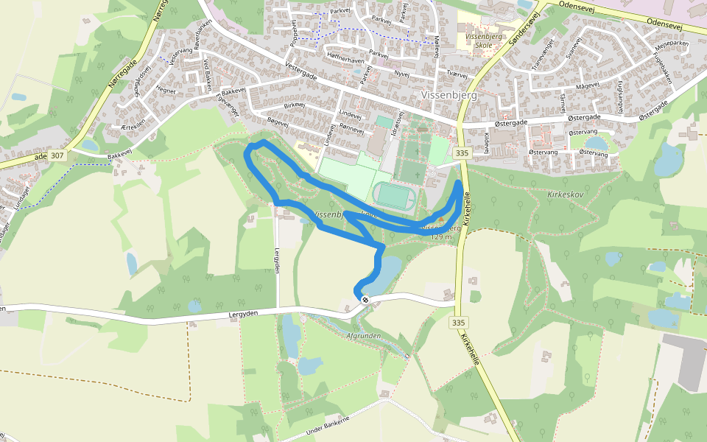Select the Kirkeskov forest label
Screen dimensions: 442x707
tap(566, 193)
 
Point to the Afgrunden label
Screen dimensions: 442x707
tap(362, 336)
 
